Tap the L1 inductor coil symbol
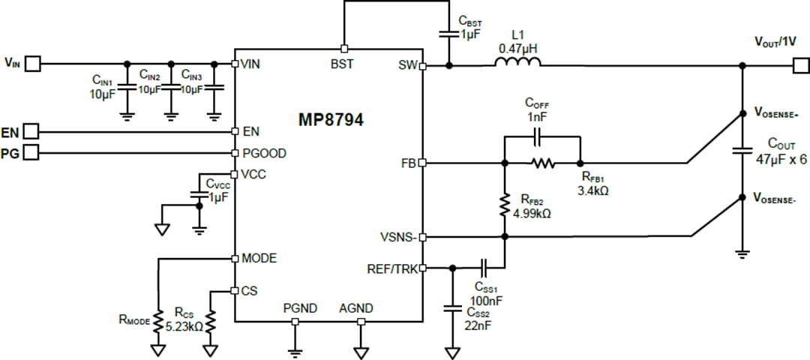pyautogui.click(x=517, y=65)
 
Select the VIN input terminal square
pyautogui.click(x=33, y=64)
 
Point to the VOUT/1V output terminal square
pyautogui.click(x=800, y=66)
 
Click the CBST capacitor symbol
pyautogui.click(x=448, y=33)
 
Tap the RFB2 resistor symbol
pyautogui.click(x=505, y=205)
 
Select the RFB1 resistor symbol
pyautogui.click(x=542, y=163)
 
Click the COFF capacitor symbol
pyautogui.click(x=537, y=137)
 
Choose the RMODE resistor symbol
pyautogui.click(x=158, y=321)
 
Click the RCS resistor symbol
pyautogui.click(x=211, y=322)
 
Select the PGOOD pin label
pyautogui.click(x=264, y=153)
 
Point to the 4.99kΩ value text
pyautogui.click(x=532, y=213)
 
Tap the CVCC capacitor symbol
pyautogui.click(x=199, y=194)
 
